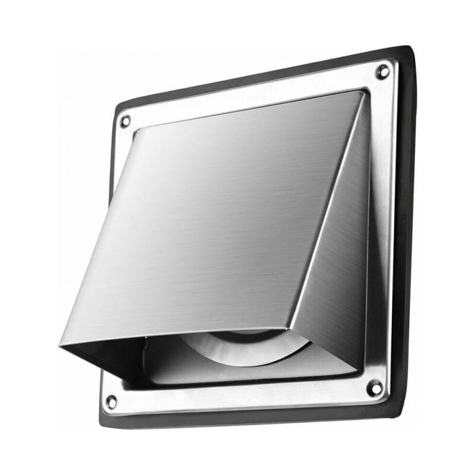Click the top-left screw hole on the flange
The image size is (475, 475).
point(125,121)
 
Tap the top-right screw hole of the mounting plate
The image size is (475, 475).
point(383,72)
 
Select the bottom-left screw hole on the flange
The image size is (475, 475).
point(111,402)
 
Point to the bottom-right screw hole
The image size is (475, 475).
point(375,388)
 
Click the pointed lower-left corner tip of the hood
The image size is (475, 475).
point(61,344)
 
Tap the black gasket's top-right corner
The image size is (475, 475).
point(408,49)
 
